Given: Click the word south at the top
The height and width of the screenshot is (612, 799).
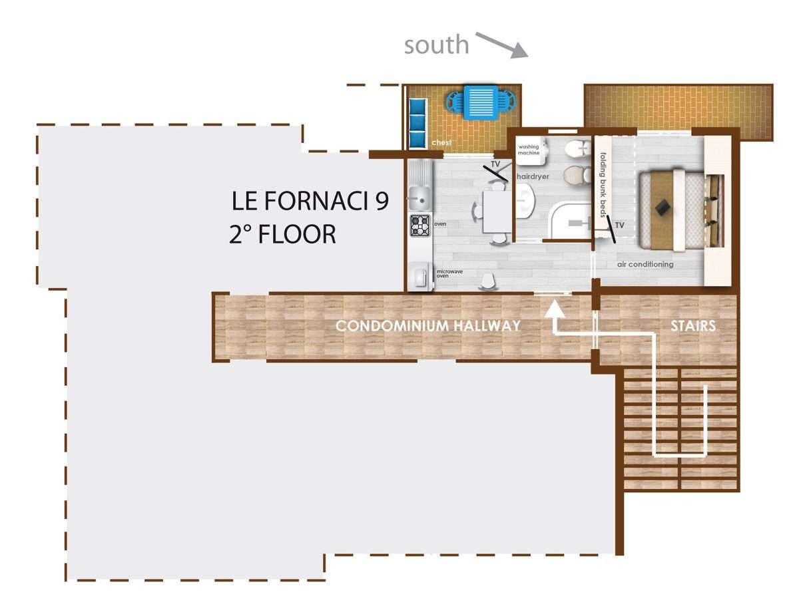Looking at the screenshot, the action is (436, 45).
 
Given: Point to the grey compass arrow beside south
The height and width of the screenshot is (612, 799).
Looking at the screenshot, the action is (502, 45).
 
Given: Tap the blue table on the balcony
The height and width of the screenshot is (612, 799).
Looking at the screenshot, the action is (481, 102).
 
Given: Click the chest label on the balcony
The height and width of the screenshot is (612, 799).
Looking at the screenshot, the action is (441, 142).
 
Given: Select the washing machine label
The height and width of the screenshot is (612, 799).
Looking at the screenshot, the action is (529, 150).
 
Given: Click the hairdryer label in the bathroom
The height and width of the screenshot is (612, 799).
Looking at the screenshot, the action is (533, 177).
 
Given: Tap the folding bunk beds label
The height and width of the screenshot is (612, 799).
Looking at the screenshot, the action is (603, 185).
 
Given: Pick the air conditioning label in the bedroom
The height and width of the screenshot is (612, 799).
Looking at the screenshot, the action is (645, 264).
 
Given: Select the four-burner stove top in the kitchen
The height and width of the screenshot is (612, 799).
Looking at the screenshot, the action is (419, 226).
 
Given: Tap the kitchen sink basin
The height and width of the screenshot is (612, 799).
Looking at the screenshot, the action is (419, 200).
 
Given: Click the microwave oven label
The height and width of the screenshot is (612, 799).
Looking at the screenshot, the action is (449, 273).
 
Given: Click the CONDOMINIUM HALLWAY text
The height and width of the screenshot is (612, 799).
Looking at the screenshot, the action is (428, 326).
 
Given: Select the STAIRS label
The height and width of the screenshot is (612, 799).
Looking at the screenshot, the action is (693, 326).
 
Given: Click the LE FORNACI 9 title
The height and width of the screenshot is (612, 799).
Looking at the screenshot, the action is (310, 201).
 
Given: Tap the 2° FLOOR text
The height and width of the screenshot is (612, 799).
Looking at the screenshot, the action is (282, 234).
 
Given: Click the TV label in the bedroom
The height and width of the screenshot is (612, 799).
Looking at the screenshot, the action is (620, 225).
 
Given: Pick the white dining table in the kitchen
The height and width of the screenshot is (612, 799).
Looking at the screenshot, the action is (497, 212).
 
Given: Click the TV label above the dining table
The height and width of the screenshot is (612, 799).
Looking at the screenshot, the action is (495, 164).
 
